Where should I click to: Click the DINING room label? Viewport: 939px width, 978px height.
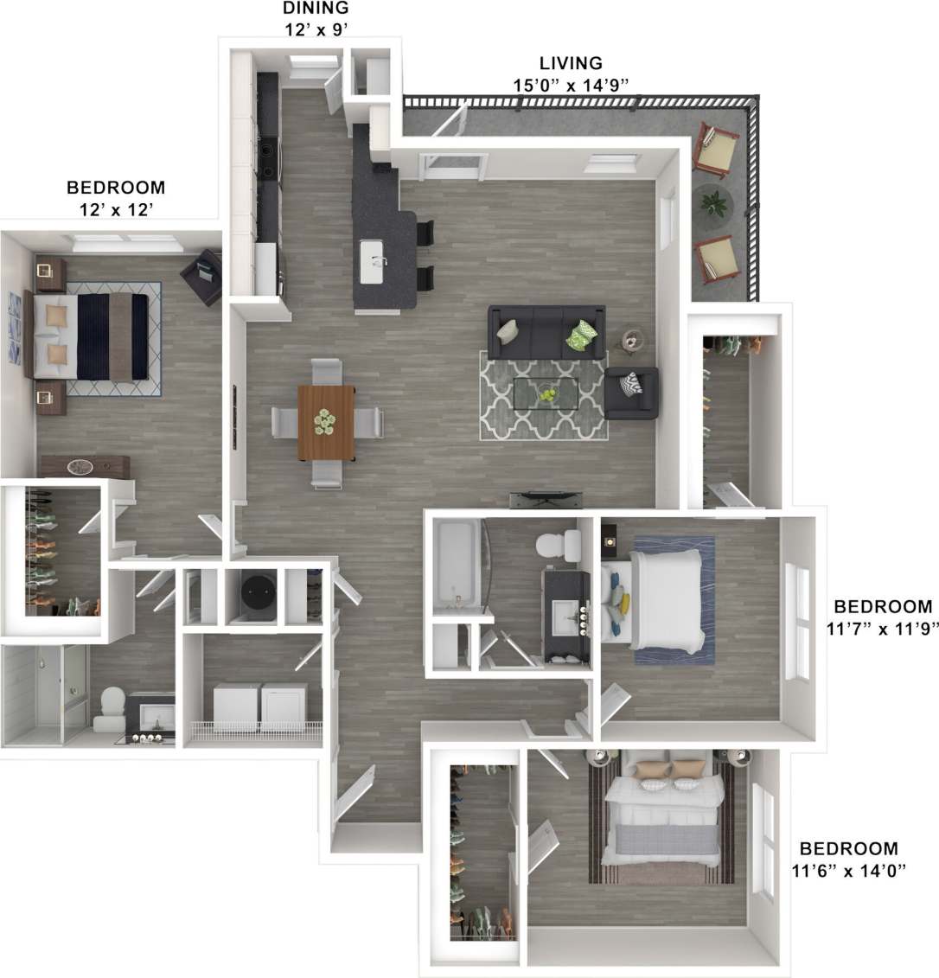pos(316,9)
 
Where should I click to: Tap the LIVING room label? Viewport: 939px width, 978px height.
pos(571,63)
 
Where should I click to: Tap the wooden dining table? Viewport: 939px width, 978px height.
pos(326,423)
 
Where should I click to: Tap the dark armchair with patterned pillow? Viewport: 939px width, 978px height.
pos(631,393)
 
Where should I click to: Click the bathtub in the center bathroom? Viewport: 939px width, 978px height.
pos(453,563)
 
